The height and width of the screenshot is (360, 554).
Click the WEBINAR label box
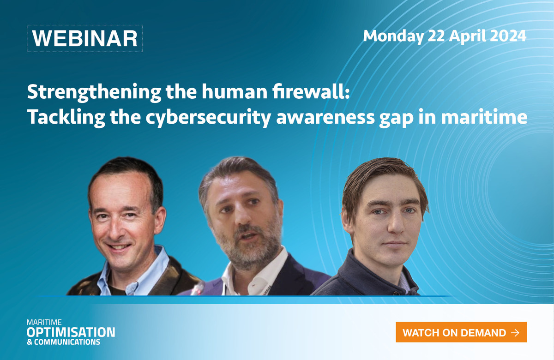[x=84, y=38]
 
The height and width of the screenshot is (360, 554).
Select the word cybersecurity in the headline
[x=208, y=117]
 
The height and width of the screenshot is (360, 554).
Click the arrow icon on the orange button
[x=515, y=333]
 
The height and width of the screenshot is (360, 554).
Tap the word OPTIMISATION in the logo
[x=71, y=332]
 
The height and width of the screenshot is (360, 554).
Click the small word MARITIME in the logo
[x=44, y=322]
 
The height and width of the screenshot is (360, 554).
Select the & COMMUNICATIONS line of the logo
[x=63, y=342]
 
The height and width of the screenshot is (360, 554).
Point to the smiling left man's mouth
[x=119, y=247]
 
